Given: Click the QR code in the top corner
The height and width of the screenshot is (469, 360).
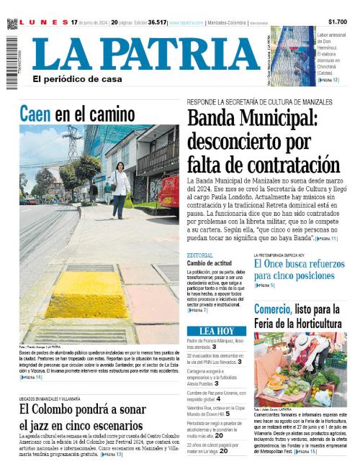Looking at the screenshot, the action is (12, 24).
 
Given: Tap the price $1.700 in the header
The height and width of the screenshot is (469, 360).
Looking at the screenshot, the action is (337, 22).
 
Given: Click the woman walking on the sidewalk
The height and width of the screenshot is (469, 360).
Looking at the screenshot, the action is (120, 188).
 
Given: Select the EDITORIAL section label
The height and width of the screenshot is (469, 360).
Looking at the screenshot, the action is (199, 256).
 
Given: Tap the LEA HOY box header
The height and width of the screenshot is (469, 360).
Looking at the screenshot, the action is (216, 331).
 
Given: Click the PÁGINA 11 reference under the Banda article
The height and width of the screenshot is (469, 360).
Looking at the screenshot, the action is (325, 237).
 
